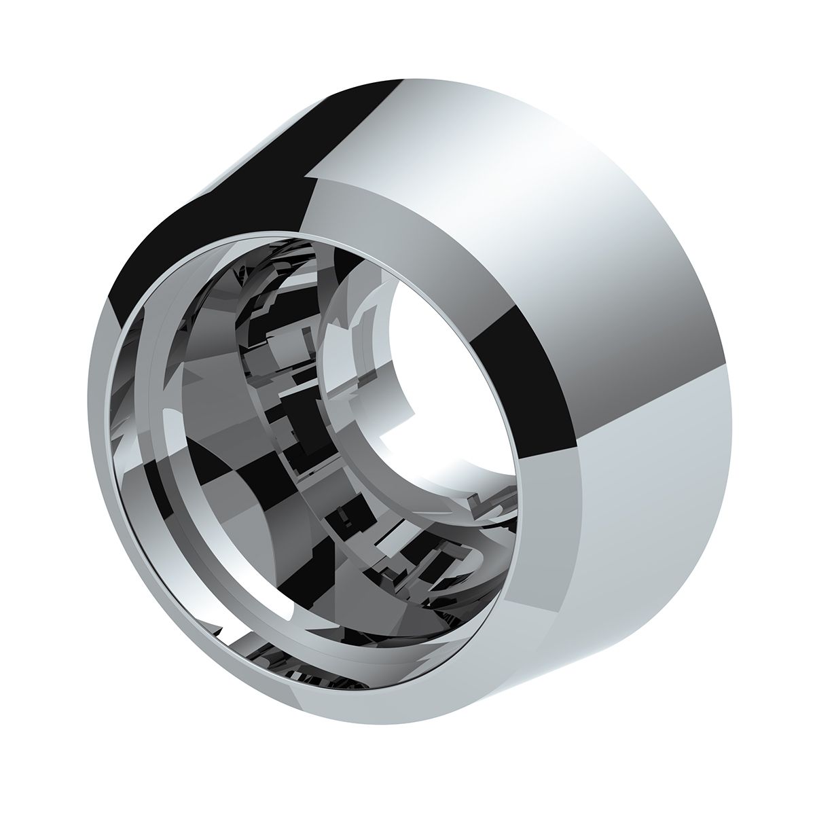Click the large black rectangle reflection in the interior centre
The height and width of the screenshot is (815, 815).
click(299, 435)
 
